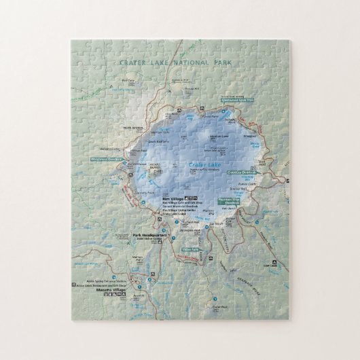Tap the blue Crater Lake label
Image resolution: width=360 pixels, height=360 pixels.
coord(202,164)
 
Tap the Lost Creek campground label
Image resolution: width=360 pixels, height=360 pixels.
coord(274,265)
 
